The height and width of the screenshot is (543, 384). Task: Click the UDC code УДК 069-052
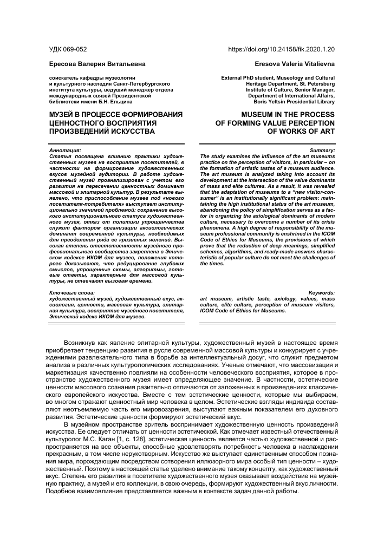(x=68, y=49)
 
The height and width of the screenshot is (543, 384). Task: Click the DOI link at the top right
(x=282, y=49)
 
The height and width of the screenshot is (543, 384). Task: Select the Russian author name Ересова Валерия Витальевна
(x=97, y=64)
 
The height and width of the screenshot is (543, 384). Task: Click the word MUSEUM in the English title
(x=255, y=115)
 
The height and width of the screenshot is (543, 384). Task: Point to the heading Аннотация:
(x=65, y=150)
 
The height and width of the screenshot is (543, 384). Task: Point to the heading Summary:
(x=322, y=150)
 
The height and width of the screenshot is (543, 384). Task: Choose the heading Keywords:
(x=320, y=293)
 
